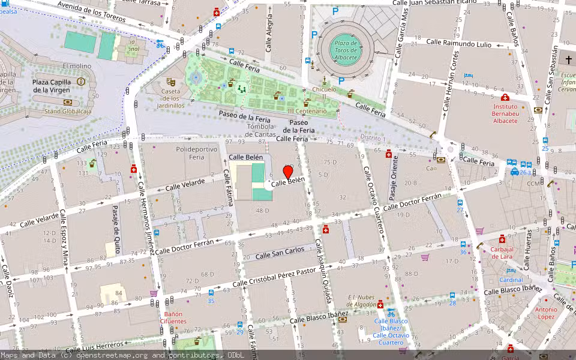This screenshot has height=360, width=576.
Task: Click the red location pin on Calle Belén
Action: pos(288,173)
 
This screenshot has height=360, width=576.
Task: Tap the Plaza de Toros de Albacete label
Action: pos(346,50)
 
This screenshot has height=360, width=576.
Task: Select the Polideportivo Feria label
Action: pos(190,152)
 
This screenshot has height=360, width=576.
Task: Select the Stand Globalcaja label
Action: pos(68,111)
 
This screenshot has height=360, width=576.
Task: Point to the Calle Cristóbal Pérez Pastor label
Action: pos(274,278)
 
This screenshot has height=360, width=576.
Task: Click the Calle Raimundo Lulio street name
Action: pos(459,43)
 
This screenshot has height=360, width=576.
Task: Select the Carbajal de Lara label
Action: pos(502,253)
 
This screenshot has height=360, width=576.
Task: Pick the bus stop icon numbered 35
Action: pos(211,293)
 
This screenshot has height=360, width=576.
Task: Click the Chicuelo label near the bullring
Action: pos(325,90)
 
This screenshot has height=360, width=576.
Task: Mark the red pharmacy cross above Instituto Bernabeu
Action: pos(505,97)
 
